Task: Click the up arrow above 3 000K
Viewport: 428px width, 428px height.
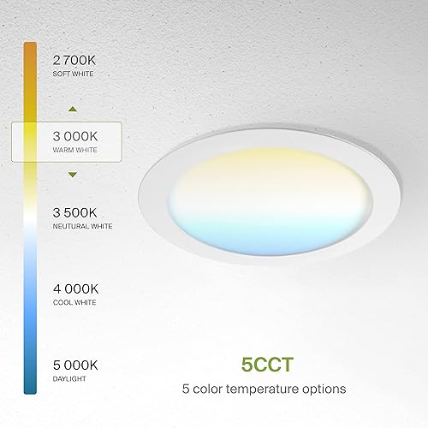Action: click(x=73, y=110)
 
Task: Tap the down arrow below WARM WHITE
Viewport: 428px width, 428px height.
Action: click(x=73, y=175)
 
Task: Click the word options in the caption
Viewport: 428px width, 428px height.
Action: click(x=322, y=388)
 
